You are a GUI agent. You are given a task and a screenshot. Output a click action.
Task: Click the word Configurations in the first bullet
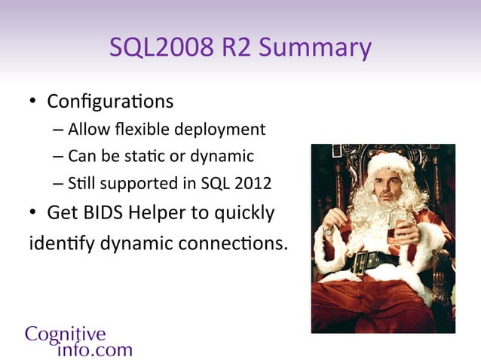(110, 100)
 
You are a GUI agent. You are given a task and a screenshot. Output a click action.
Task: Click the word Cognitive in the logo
(66, 333)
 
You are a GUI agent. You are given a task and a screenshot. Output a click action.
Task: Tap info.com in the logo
(94, 349)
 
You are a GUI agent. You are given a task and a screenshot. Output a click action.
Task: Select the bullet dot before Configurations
(34, 102)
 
